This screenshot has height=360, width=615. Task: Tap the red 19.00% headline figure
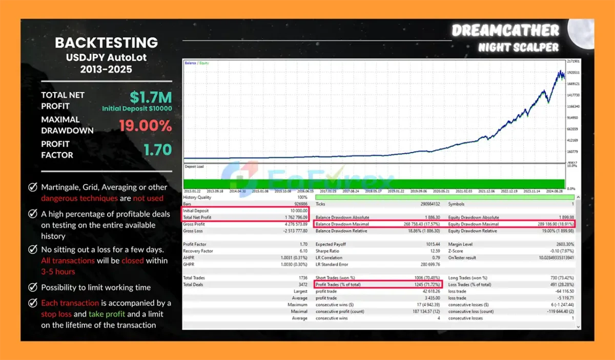click(x=145, y=125)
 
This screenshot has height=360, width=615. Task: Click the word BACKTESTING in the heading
click(x=106, y=43)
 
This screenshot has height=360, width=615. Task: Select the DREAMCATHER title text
click(x=505, y=31)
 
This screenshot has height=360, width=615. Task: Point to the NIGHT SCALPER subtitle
click(x=518, y=48)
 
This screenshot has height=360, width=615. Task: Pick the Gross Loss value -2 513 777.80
click(x=293, y=231)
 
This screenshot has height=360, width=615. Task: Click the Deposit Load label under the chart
click(x=194, y=166)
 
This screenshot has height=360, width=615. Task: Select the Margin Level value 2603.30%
click(x=563, y=244)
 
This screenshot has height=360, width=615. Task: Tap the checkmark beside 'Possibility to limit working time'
click(x=33, y=287)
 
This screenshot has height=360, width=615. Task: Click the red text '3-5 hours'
click(x=58, y=271)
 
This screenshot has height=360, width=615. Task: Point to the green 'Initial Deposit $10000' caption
click(x=137, y=109)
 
